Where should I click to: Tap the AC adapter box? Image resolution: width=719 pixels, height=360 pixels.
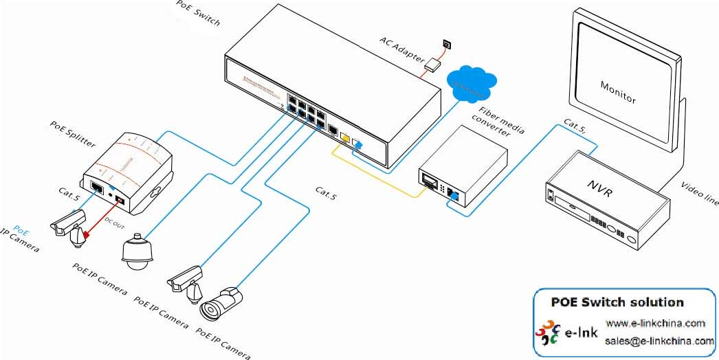(434, 65)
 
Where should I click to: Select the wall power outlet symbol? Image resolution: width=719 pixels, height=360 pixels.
(447, 44)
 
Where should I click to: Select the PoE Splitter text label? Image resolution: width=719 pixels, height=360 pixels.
(73, 135)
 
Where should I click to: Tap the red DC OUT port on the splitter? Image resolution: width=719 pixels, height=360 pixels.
(120, 200)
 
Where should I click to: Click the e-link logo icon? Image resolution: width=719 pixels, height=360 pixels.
(548, 332)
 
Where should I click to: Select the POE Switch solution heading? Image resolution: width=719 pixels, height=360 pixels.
(617, 302)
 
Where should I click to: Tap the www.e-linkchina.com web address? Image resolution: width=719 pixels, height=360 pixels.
(655, 324)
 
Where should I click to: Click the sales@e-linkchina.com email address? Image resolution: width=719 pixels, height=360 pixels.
(659, 341)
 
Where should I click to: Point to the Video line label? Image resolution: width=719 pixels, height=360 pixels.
(700, 194)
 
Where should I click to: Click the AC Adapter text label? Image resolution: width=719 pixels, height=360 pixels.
(403, 49)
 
